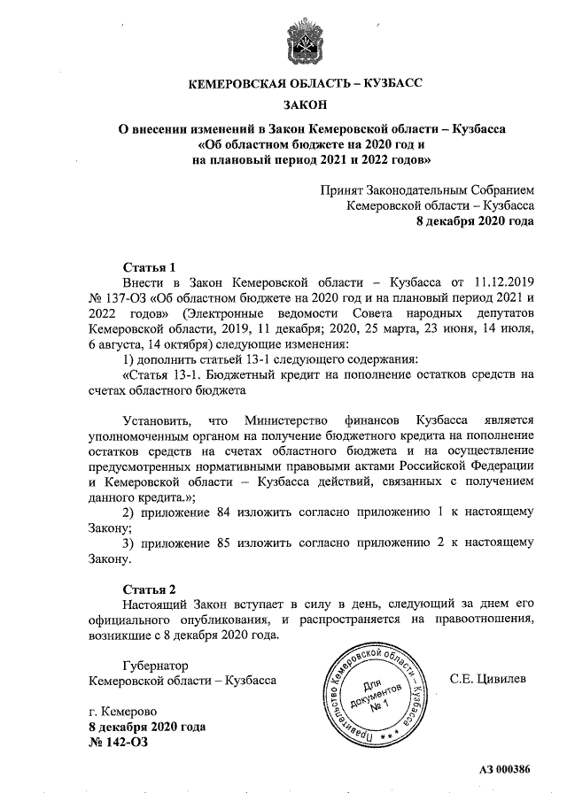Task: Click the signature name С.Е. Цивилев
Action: pos(487,680)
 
